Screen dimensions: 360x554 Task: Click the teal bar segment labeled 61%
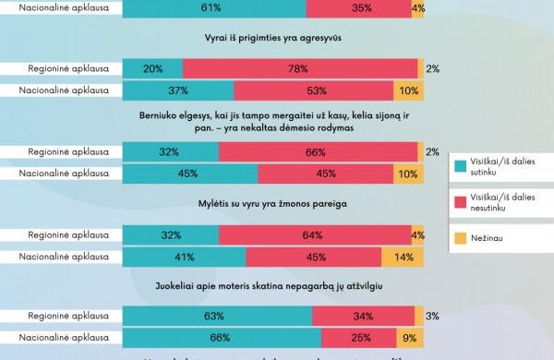(214, 8)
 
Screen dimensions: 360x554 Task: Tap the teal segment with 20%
(152, 68)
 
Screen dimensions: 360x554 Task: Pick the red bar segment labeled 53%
(313, 90)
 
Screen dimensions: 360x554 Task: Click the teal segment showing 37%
(178, 90)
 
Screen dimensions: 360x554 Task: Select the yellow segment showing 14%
(404, 258)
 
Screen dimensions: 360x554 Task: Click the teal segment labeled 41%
(184, 258)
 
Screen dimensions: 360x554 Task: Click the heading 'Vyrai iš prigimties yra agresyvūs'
(273, 40)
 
